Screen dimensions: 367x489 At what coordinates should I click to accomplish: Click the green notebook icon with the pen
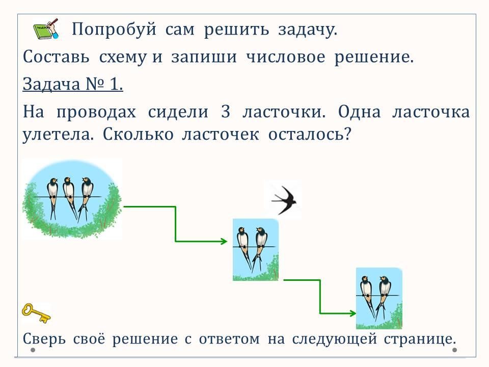coord(45,30)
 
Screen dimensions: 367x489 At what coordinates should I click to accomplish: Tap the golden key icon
coord(36,312)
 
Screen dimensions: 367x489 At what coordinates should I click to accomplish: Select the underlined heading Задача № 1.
coord(73,85)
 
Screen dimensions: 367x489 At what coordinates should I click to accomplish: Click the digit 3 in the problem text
coord(226,112)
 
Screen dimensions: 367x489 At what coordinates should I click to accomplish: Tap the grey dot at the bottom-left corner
coord(33,351)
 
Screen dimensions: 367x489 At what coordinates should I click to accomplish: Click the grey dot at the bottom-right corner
coord(455,351)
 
